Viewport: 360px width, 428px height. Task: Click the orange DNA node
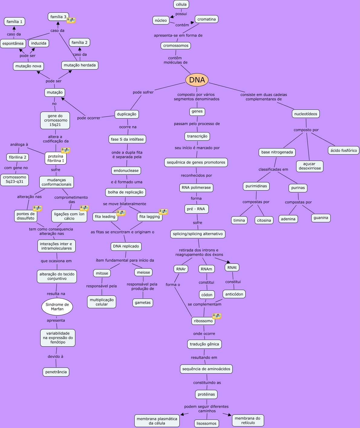[x=197, y=80]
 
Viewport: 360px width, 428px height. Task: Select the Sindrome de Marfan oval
[x=57, y=307]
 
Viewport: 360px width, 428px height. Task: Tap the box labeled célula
[x=181, y=4]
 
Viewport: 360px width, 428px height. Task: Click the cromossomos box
[x=176, y=46]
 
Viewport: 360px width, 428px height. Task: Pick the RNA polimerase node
[x=196, y=188]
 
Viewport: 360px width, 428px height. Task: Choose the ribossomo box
[x=203, y=321]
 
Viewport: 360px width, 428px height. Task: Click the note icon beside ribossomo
[x=217, y=316]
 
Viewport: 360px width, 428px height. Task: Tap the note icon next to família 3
[x=71, y=20]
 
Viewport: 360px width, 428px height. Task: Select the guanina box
[x=321, y=218]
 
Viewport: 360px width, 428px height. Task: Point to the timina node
[x=239, y=220]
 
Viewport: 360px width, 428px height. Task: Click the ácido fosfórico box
[x=344, y=150]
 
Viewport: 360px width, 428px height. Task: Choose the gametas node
[x=143, y=302]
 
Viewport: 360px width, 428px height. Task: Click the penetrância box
[x=56, y=372]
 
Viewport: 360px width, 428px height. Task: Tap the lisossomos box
[x=207, y=423]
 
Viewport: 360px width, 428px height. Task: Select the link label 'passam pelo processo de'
[x=197, y=124]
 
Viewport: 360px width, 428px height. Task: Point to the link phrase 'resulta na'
[x=56, y=294]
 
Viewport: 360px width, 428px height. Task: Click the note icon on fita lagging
[x=163, y=212]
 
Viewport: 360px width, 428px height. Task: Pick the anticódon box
[x=234, y=294]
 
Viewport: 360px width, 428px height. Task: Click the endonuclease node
[x=126, y=171]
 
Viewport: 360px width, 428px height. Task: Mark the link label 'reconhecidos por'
[x=196, y=175]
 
